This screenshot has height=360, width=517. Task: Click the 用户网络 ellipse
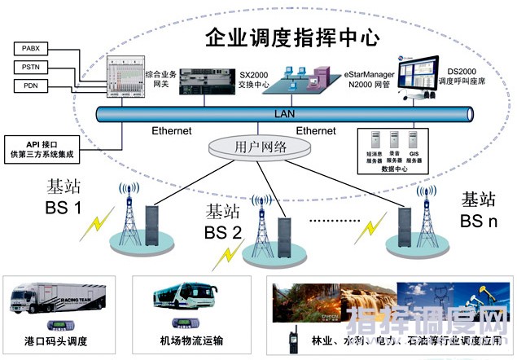click(x=259, y=146)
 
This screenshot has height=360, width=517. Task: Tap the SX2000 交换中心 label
click(x=257, y=78)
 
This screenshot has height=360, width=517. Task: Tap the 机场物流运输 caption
click(x=191, y=340)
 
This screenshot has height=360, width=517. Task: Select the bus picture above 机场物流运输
click(x=192, y=300)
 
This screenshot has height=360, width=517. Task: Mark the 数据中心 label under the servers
click(x=394, y=171)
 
